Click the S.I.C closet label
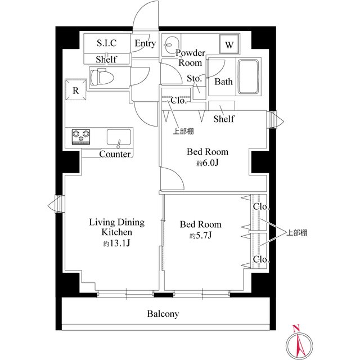[x=106, y=43]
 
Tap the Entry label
[x=145, y=43]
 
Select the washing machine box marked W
[x=229, y=44]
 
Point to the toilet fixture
[x=102, y=76]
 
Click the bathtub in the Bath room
[x=249, y=76]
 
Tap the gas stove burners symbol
[x=81, y=137]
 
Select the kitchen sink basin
[x=119, y=137]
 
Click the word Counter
[x=115, y=154]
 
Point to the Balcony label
[x=163, y=314]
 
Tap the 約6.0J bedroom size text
[x=208, y=163]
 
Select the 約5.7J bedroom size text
[x=200, y=235]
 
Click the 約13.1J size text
[x=116, y=243]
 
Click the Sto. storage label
[x=194, y=79]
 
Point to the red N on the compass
[x=296, y=328]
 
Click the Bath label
[x=223, y=82]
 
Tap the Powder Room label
[x=190, y=57]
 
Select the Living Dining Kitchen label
[x=117, y=227]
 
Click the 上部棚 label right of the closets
[x=297, y=233]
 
